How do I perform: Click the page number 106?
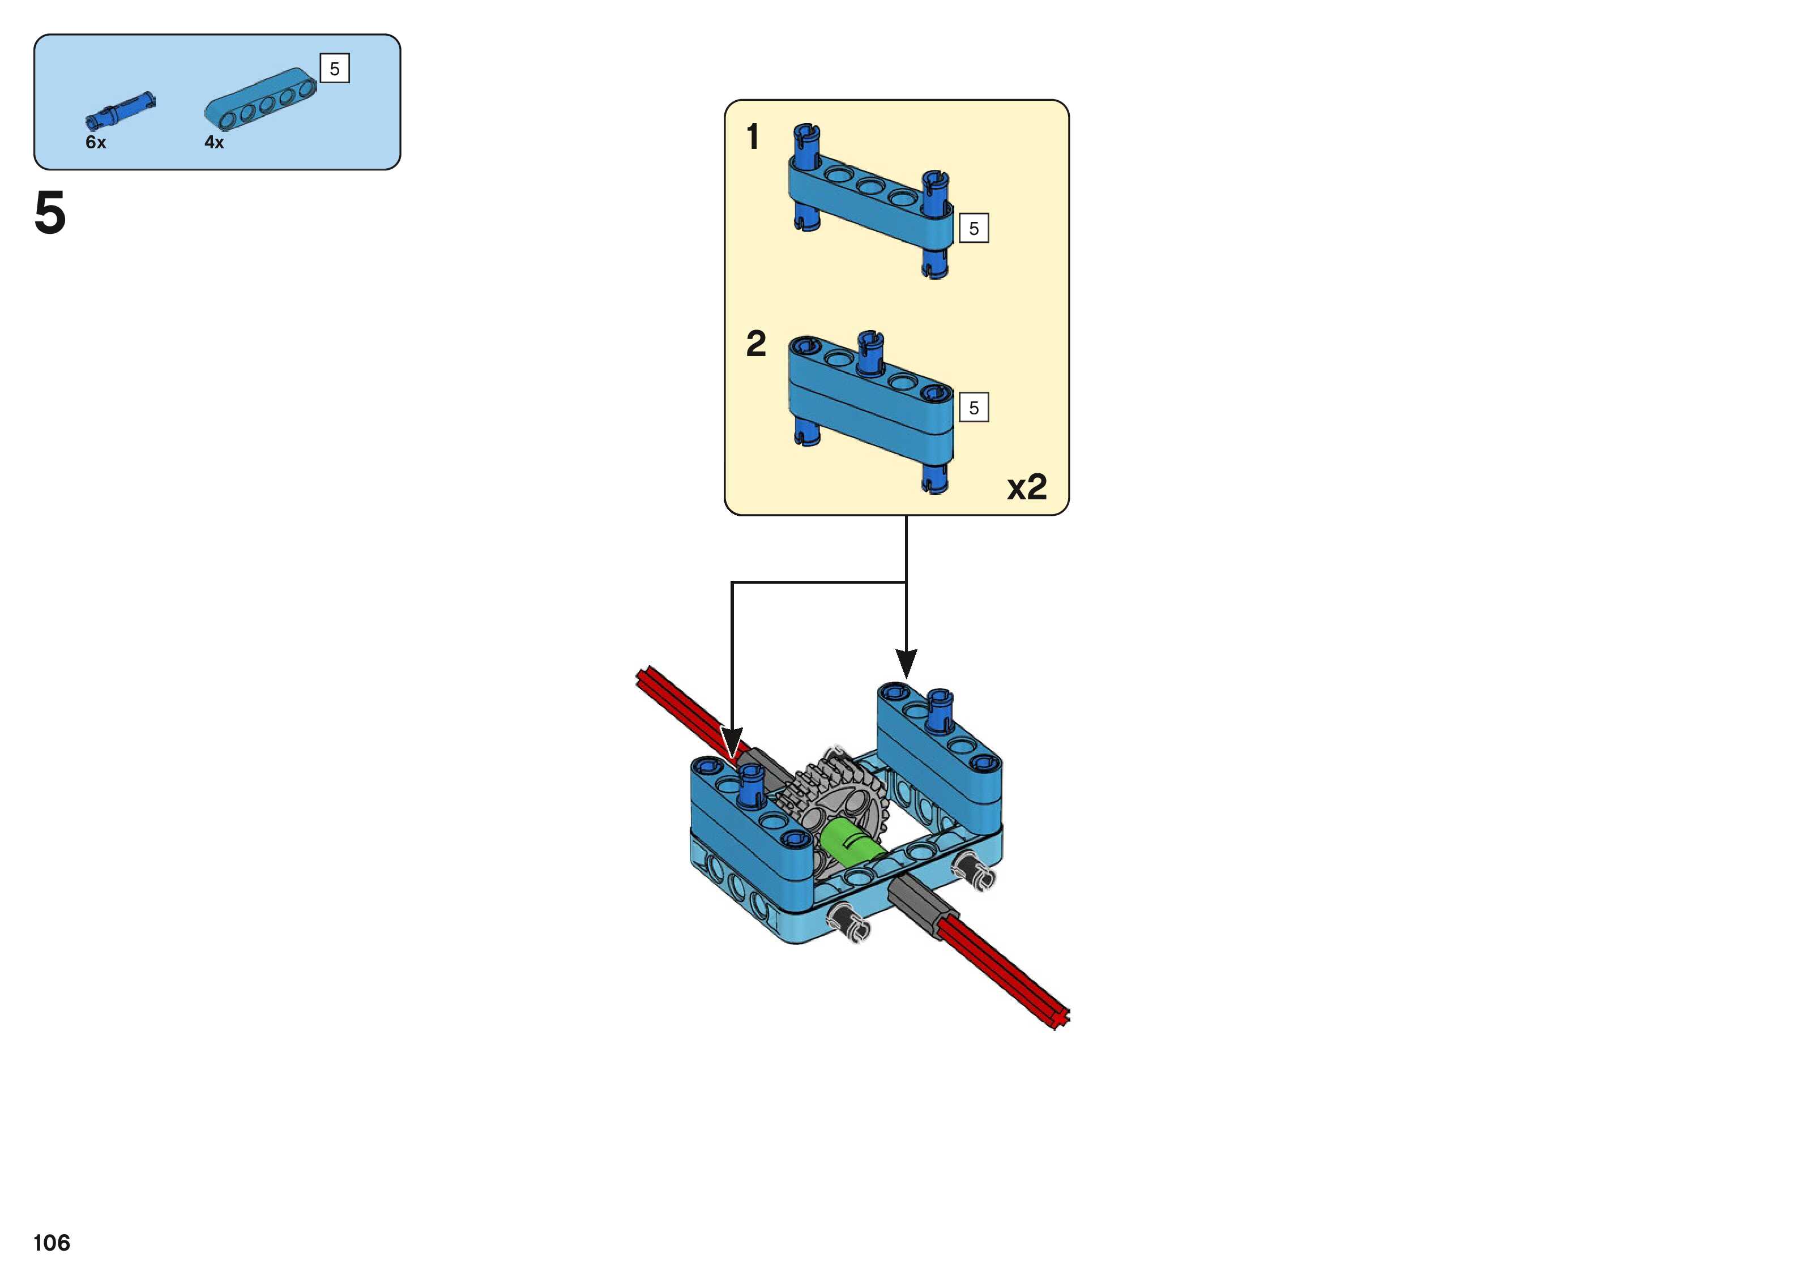pyautogui.click(x=52, y=1243)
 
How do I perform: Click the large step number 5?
pyautogui.click(x=50, y=213)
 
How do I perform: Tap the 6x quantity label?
pyautogui.click(x=96, y=142)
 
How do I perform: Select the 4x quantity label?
pyautogui.click(x=214, y=142)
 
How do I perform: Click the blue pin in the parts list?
pyautogui.click(x=120, y=112)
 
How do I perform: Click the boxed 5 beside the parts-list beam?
pyautogui.click(x=335, y=69)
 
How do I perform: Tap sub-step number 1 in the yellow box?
pyautogui.click(x=753, y=137)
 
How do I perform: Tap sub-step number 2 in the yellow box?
pyautogui.click(x=756, y=344)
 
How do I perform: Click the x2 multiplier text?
pyautogui.click(x=1026, y=486)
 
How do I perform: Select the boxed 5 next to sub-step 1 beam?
pyautogui.click(x=974, y=229)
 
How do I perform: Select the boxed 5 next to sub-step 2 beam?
pyautogui.click(x=974, y=408)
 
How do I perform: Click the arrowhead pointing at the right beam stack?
pyautogui.click(x=906, y=662)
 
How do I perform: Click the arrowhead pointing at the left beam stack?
pyautogui.click(x=732, y=743)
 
